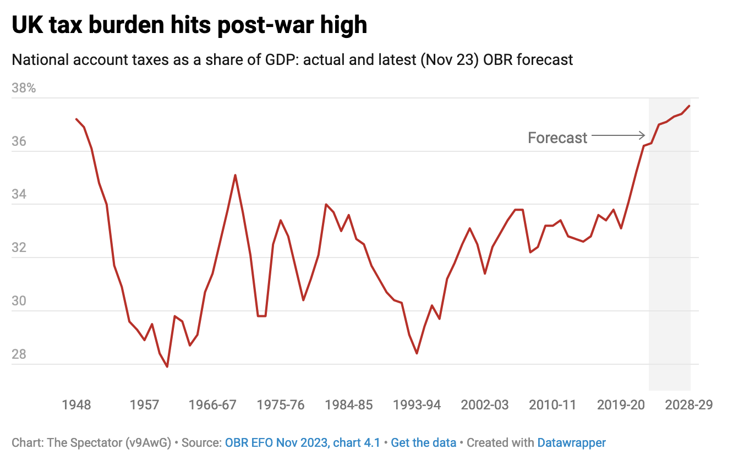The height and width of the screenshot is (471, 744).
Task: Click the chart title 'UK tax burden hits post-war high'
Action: coord(189,25)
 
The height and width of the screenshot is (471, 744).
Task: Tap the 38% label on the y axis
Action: coord(23,88)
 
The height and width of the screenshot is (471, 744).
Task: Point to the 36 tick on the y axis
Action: coord(19,141)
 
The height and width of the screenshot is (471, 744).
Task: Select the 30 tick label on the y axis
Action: coord(19,301)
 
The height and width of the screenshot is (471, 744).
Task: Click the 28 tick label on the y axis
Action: coord(19,354)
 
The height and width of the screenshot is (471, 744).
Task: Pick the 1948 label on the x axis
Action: coord(76,405)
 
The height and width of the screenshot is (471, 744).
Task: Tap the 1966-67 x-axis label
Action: coord(212,405)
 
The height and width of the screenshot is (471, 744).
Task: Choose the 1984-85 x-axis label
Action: coord(349,405)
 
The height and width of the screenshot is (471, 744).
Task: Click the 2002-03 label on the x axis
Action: coord(485,405)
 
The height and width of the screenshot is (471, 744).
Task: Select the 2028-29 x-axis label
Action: coord(689,405)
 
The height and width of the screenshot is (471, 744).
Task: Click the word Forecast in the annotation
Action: coord(557,138)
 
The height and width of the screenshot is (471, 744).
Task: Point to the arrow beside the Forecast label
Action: coord(618,135)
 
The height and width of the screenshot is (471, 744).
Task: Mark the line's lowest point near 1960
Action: coord(167,367)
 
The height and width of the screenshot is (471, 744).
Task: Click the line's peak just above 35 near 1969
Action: coord(235,175)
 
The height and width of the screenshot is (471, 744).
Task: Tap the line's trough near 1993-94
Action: coord(417,353)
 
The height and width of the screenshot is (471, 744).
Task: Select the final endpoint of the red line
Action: coord(690,106)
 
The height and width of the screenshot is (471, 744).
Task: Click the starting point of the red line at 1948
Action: coord(76,119)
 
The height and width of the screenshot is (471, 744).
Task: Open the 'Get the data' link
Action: coord(423,442)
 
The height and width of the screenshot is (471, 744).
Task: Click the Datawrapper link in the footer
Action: coord(571,442)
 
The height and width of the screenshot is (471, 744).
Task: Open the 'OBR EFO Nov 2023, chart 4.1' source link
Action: coord(302,442)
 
